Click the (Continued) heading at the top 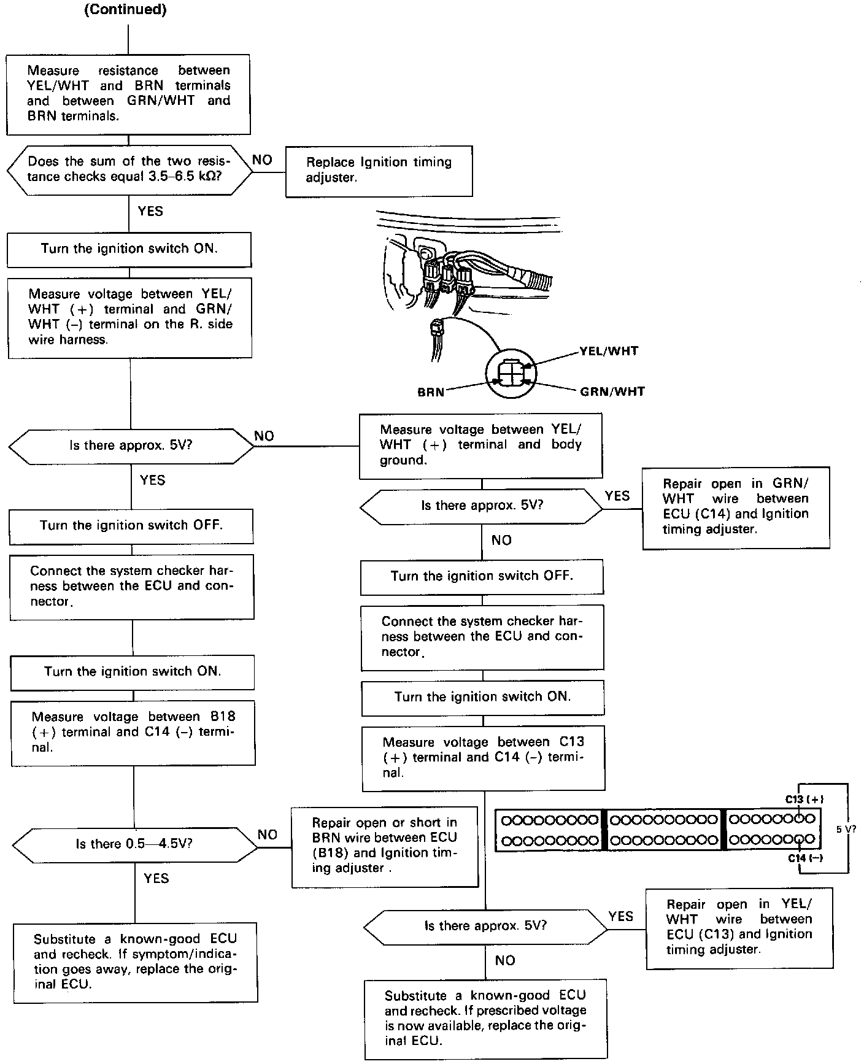(125, 10)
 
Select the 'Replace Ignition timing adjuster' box (379, 171)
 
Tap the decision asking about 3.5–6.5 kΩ (129, 170)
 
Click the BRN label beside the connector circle (431, 391)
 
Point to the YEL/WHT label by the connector (609, 351)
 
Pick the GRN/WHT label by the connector (612, 391)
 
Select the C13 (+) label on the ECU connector (804, 799)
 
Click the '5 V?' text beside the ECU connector (846, 828)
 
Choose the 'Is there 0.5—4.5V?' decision (134, 844)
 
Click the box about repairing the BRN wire (384, 846)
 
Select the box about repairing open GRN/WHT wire (735, 507)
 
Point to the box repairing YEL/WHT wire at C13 (739, 927)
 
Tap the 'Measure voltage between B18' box (133, 732)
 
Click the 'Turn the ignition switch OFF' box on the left (131, 526)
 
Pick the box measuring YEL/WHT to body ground (480, 445)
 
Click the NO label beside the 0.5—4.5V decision (268, 835)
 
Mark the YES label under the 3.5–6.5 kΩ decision (150, 211)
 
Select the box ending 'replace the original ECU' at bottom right (485, 1018)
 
